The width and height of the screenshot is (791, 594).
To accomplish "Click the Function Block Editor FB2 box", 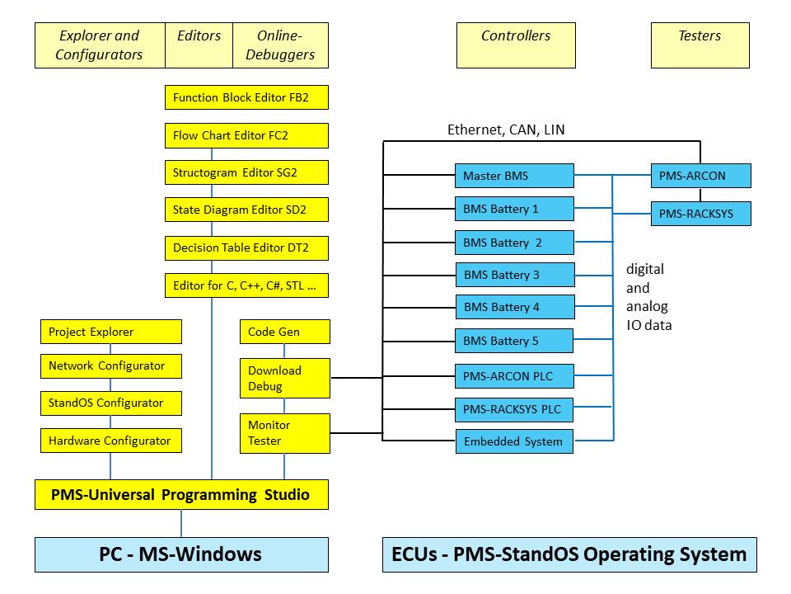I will (246, 97).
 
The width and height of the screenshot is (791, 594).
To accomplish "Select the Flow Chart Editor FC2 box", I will (246, 135).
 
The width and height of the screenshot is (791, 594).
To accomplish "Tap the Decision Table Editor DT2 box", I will (246, 247).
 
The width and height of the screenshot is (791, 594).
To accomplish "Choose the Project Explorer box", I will (110, 332).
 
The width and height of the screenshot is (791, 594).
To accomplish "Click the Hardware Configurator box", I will (110, 441).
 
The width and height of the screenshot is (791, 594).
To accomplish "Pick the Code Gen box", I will (284, 332).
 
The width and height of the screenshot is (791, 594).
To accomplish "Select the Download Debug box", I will (284, 378).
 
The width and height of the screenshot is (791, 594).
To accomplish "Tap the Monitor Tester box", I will (284, 433).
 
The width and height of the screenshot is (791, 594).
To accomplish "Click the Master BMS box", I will (514, 176).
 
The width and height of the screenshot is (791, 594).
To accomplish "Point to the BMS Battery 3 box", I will (514, 275).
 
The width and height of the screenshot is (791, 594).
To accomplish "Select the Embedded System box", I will (514, 441).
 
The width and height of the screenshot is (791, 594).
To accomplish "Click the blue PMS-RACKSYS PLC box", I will (514, 408).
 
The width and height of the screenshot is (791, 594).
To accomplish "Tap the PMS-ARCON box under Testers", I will (700, 176).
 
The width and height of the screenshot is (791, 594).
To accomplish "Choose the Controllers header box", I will (516, 45).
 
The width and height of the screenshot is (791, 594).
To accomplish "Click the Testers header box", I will (700, 45).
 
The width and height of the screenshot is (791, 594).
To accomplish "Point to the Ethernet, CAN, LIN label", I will (506, 130).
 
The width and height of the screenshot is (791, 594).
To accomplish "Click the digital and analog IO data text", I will (648, 297).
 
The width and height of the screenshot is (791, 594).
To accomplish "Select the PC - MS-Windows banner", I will (181, 554).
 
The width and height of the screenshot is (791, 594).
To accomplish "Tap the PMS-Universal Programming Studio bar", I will (181, 495).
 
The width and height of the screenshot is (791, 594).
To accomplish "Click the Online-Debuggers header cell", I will (280, 45).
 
